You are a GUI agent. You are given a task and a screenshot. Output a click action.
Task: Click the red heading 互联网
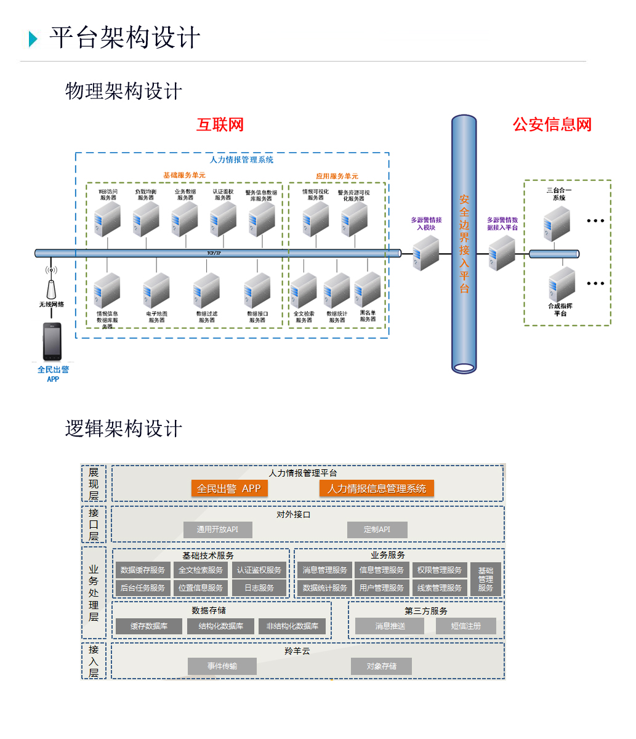pos(220,125)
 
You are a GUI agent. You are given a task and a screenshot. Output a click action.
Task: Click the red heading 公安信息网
pos(552,125)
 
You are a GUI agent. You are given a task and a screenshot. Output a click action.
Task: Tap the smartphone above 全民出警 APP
pos(52,342)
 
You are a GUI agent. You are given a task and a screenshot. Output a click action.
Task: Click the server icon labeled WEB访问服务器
pos(108,220)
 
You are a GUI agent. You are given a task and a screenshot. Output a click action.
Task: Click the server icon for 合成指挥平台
pos(562,285)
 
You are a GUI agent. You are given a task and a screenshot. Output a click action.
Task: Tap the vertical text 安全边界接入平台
pos(464,244)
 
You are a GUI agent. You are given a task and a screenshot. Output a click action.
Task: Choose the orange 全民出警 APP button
pos(229,488)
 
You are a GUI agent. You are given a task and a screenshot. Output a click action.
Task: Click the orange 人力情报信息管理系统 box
pos(377,488)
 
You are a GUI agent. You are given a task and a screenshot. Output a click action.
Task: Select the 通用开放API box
pos(218,530)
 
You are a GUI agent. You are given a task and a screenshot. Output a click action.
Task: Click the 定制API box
pos(377,530)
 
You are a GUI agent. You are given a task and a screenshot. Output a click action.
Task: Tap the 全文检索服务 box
pos(201,570)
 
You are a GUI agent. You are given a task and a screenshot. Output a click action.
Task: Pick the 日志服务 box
pos(259,588)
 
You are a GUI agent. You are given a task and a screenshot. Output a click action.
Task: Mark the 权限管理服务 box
pos(439,570)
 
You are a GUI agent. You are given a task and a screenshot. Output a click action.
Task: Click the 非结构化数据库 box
pos(292,626)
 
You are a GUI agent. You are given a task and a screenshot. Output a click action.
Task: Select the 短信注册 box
pos(465,626)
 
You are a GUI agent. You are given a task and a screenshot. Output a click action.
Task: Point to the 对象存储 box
pos(381,666)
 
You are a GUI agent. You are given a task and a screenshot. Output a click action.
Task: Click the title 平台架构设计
pos(125,38)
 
